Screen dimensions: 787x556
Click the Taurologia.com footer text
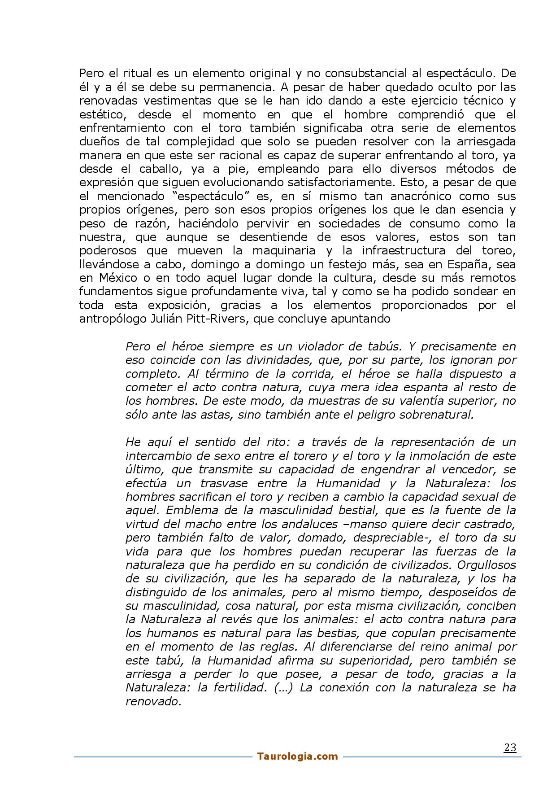click(x=297, y=756)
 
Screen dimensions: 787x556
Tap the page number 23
click(x=510, y=748)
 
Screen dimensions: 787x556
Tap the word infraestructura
click(x=395, y=250)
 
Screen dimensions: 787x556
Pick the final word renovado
click(x=153, y=701)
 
